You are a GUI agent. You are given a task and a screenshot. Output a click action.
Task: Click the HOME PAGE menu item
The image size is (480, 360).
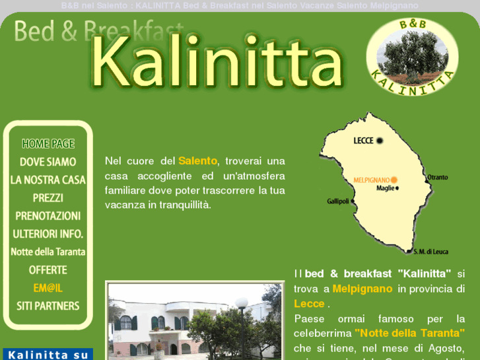48,144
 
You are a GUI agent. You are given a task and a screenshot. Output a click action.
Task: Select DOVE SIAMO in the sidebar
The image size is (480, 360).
48,162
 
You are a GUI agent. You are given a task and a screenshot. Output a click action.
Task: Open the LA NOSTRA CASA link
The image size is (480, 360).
48,180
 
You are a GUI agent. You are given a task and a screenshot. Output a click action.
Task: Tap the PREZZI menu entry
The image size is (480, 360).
48,198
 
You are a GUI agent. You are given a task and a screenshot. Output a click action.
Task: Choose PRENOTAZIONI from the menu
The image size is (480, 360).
48,216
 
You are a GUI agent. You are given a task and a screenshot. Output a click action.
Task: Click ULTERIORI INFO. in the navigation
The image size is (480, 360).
48,234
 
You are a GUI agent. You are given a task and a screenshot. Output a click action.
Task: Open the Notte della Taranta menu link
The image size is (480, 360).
48,252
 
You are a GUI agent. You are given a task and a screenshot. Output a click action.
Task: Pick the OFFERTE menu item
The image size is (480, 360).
48,270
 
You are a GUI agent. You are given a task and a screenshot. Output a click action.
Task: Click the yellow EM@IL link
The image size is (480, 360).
48,288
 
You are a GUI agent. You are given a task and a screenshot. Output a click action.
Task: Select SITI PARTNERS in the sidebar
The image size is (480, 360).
48,306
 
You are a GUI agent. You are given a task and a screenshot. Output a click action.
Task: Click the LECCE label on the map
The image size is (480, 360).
364,141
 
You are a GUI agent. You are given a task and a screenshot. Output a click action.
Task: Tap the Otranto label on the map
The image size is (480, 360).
437,177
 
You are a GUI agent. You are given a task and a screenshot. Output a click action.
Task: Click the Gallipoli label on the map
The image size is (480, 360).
337,201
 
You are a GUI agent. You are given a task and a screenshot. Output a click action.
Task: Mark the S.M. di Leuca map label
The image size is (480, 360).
430,251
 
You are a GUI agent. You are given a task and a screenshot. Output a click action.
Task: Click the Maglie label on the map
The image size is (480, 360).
385,188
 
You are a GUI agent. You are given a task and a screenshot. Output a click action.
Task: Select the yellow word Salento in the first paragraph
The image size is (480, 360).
197,161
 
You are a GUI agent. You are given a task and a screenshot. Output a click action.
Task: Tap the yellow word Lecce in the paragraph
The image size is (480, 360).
309,304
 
